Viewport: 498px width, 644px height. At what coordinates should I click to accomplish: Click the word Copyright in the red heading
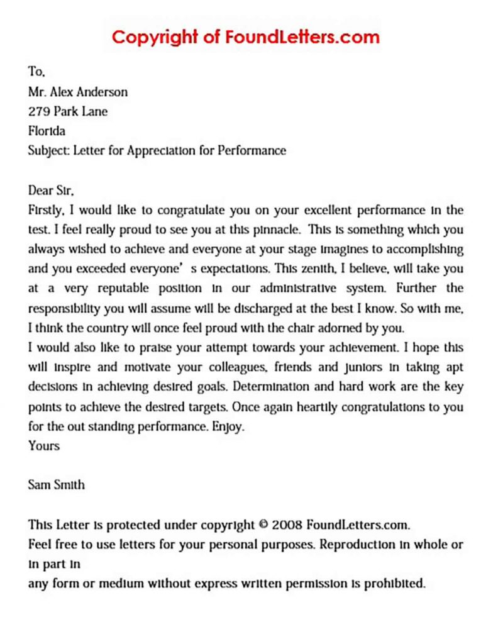[155, 37]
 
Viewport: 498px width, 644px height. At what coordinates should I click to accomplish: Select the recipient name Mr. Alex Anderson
[78, 92]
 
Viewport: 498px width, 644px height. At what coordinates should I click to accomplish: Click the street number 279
[39, 112]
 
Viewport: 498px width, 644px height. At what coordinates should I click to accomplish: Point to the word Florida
[47, 131]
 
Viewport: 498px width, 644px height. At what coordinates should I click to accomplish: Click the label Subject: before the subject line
[50, 151]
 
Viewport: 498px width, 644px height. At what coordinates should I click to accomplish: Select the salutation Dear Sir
[55, 190]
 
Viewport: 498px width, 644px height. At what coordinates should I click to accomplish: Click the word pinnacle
[277, 230]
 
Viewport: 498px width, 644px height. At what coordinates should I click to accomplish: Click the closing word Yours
[44, 446]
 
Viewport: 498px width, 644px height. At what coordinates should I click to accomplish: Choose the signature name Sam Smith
[57, 485]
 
